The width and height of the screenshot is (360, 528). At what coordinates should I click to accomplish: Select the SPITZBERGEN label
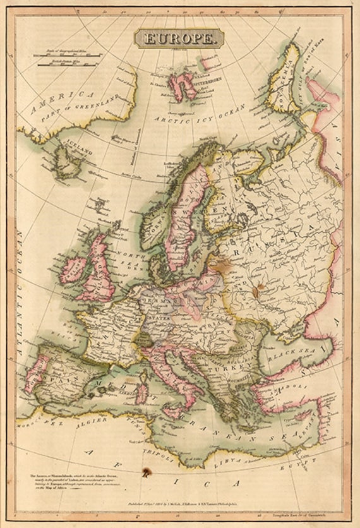click(206, 83)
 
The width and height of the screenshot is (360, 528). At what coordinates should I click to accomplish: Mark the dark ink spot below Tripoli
click(148, 471)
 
